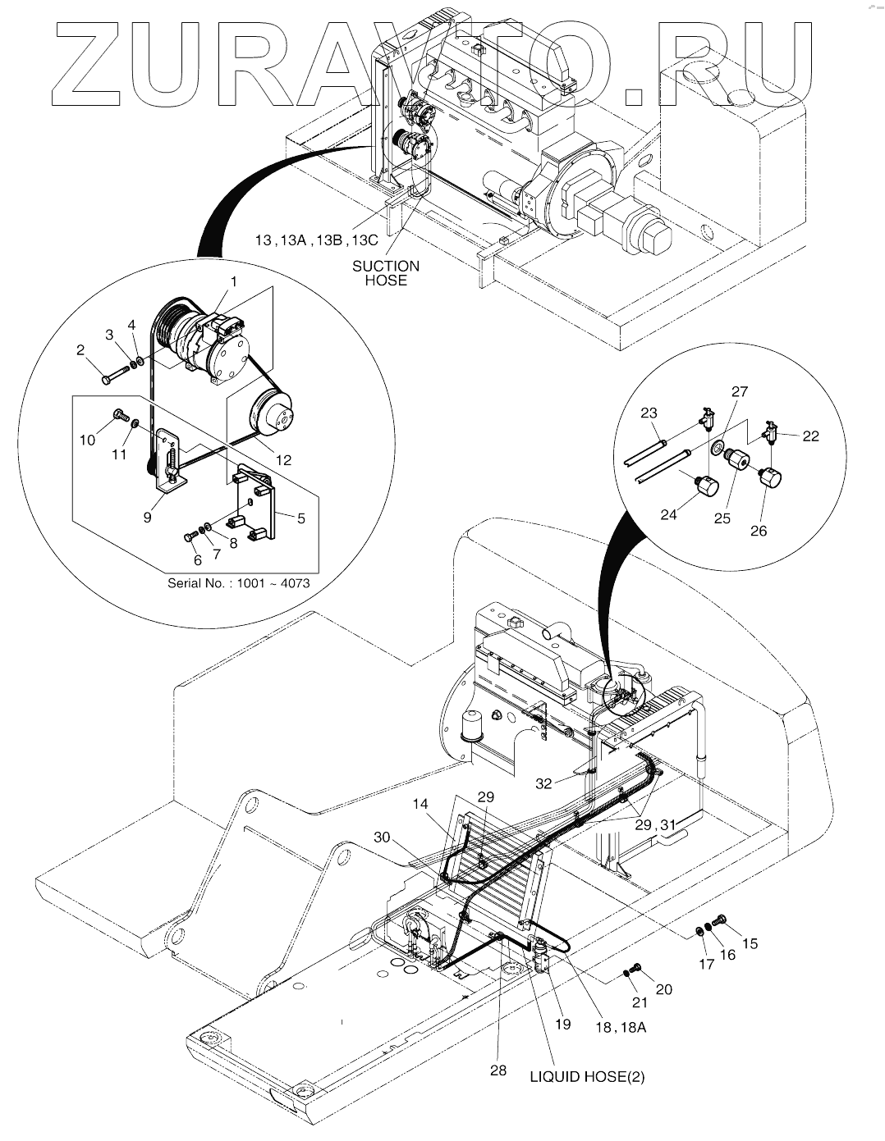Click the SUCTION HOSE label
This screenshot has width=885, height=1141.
pos(385,273)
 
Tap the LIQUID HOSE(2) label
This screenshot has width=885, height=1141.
pos(586,1077)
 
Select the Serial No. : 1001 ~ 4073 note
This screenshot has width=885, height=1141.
pos(239,584)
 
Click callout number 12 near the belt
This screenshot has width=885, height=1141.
pos(283,460)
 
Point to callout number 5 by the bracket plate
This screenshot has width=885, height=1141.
pos(300,518)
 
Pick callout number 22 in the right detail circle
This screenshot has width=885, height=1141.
pos(811,436)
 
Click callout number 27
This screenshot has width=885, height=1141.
pos(739,392)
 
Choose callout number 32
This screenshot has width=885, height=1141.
pos(544,783)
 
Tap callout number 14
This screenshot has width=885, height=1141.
pos(421,805)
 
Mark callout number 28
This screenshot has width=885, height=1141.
pos(498,1070)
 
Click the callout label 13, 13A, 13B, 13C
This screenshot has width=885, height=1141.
pos(316,240)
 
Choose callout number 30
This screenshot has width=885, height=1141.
pos(382,837)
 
